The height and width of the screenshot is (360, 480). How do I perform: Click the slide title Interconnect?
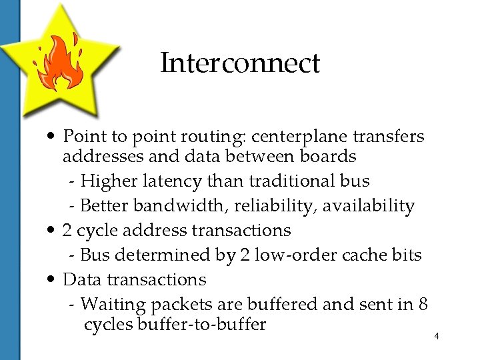(x=240, y=64)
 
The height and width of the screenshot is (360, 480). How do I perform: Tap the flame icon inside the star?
(x=58, y=64)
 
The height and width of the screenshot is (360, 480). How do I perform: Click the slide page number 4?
(x=436, y=336)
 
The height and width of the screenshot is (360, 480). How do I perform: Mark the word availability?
(x=369, y=206)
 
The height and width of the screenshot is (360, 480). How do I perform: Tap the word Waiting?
(x=113, y=305)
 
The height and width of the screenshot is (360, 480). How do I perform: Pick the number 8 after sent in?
(x=422, y=305)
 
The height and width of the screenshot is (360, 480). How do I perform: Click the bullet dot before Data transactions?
(x=52, y=280)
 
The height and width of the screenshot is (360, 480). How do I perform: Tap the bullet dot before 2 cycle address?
(x=52, y=231)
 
